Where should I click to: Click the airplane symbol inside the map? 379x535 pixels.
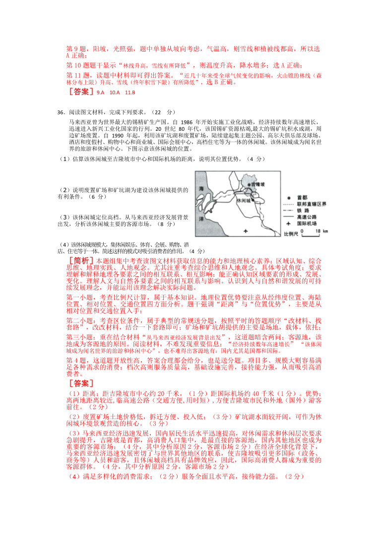(246, 231)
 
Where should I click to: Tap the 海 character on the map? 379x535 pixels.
(201, 189)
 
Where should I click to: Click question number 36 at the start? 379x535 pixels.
(61, 112)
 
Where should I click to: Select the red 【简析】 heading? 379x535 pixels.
(78, 261)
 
